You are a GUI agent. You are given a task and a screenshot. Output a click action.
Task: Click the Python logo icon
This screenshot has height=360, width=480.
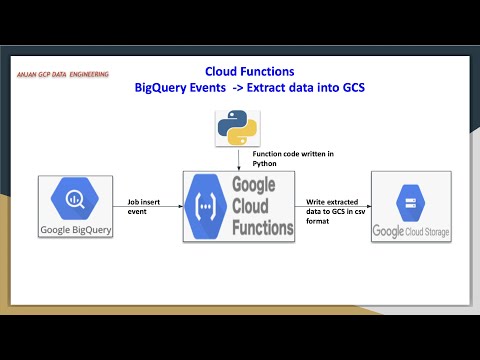pos(237,127)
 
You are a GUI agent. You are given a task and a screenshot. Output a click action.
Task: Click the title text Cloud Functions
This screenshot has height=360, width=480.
pos(249,72)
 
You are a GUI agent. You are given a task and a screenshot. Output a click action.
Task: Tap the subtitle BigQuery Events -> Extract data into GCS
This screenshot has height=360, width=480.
pos(249,89)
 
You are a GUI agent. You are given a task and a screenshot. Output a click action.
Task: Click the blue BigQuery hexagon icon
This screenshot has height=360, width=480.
pos(75,200)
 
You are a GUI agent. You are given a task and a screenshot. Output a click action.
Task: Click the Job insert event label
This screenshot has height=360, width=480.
pos(145,206)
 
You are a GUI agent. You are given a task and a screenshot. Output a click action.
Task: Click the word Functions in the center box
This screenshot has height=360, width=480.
pos(263,228)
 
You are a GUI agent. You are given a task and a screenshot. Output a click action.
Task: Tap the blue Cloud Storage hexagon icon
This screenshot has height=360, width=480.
pos(411,202)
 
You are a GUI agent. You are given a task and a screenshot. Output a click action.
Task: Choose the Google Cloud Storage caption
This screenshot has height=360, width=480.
pos(411,232)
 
